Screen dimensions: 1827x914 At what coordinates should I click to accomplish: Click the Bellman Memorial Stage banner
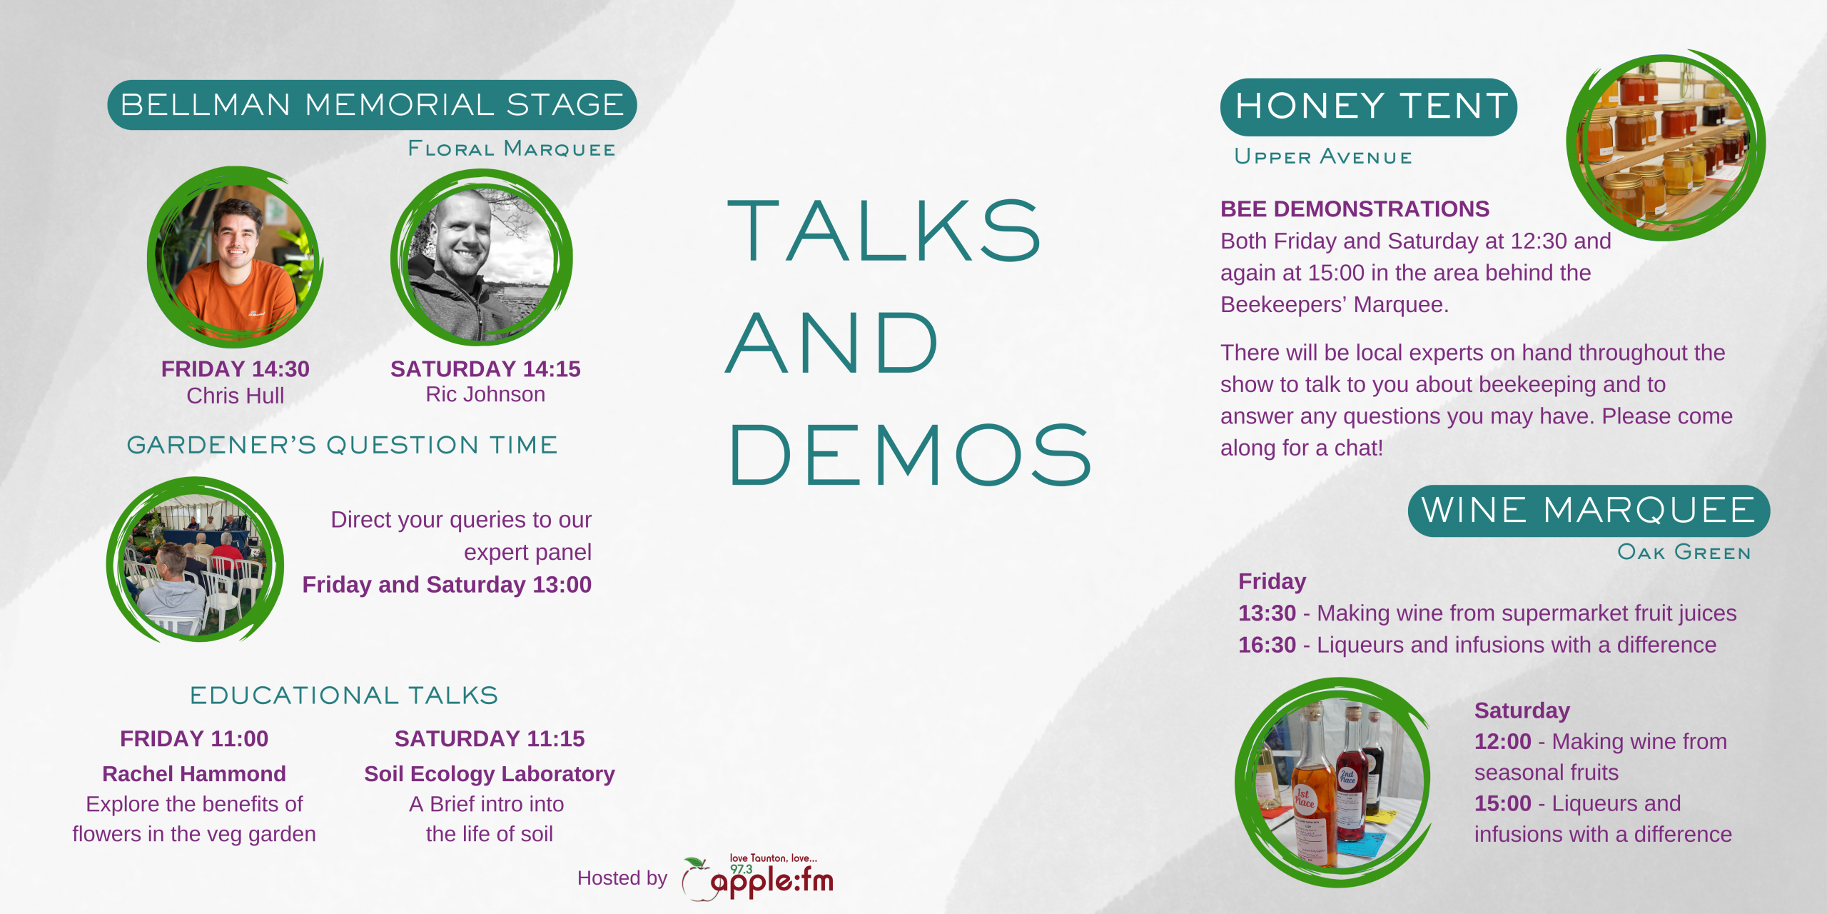tap(372, 105)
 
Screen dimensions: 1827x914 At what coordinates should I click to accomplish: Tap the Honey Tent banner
tap(1369, 107)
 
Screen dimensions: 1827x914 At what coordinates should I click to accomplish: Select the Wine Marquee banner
tap(1589, 511)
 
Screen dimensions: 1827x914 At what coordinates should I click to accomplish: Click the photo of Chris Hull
tap(235, 257)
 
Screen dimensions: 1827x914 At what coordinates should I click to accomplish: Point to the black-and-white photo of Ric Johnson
tap(482, 258)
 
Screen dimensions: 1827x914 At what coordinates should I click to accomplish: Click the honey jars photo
tap(1666, 145)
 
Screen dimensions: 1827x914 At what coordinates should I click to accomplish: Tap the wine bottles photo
tap(1333, 783)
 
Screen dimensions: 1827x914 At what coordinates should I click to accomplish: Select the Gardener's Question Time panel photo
tap(195, 560)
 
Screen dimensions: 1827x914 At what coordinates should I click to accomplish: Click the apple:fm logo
tap(757, 878)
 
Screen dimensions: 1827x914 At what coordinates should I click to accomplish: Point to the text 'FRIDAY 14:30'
tap(236, 368)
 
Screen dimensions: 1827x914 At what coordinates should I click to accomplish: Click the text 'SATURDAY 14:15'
tap(485, 368)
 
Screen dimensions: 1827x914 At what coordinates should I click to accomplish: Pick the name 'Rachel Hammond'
tap(194, 773)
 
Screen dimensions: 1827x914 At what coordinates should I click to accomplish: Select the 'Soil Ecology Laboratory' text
tap(490, 774)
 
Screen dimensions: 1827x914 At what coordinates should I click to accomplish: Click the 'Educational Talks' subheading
tap(344, 695)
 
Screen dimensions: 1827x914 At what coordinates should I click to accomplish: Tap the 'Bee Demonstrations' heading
tap(1355, 209)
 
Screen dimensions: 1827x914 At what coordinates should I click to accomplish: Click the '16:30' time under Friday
tap(1267, 645)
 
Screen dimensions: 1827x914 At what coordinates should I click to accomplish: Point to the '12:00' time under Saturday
tap(1503, 741)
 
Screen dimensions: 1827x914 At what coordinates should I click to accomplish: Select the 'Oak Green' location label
tap(1684, 552)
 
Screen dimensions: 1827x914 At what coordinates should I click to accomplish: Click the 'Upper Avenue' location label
tap(1323, 156)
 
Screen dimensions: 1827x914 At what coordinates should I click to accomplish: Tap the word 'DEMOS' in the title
tap(910, 455)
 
